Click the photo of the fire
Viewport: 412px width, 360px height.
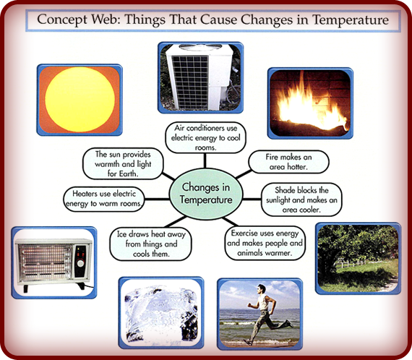pyautogui.click(x=310, y=103)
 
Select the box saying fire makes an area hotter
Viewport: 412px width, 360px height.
pyautogui.click(x=288, y=161)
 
